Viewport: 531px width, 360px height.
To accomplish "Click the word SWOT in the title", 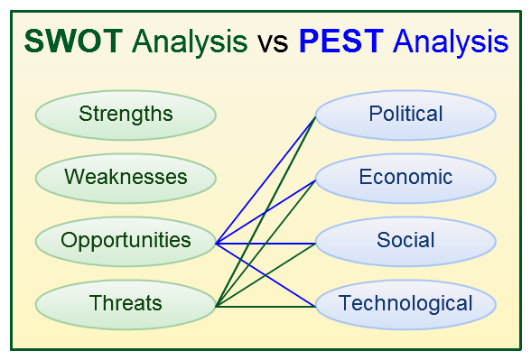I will pos(75,42).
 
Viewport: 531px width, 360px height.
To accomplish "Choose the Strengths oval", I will pos(126,114).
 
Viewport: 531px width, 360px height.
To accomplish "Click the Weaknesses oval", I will pos(126,177).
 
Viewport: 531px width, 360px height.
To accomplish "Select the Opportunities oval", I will pos(126,241).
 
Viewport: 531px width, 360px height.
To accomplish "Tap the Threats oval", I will pos(126,304).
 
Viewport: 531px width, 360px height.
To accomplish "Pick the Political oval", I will pos(405,115).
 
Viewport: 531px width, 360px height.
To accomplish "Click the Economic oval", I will pos(405,177).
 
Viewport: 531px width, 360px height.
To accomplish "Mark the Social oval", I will pos(405,241).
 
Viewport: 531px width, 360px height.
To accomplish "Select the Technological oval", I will pos(405,304).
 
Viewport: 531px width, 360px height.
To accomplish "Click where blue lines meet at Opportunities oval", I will pos(217,242).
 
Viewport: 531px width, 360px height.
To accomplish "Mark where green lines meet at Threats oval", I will pos(217,306).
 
